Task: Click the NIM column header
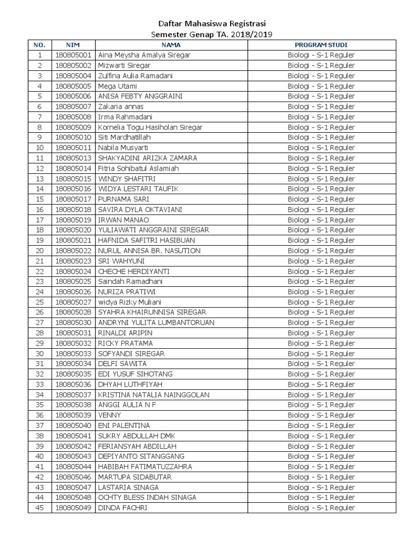[x=73, y=45]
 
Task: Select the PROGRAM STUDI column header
[x=321, y=45]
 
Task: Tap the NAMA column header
[x=171, y=45]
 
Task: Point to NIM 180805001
[x=73, y=55]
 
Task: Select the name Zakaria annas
[x=121, y=107]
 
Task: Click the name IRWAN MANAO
[x=123, y=220]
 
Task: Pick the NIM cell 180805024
[x=73, y=271]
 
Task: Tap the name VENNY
[x=109, y=415]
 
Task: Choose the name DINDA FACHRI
[x=122, y=508]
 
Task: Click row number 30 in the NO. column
[x=40, y=353]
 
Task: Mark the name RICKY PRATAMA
[x=126, y=344]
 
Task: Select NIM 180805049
[x=73, y=508]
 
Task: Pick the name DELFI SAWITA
[x=122, y=364]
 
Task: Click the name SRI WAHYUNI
[x=121, y=261]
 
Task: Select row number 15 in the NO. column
[x=40, y=199]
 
